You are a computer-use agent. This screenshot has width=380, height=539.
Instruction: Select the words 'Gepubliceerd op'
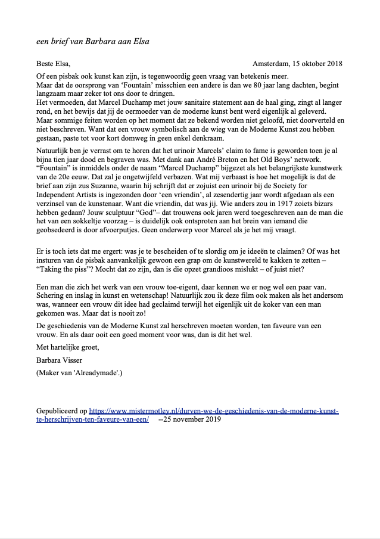[62, 411]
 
